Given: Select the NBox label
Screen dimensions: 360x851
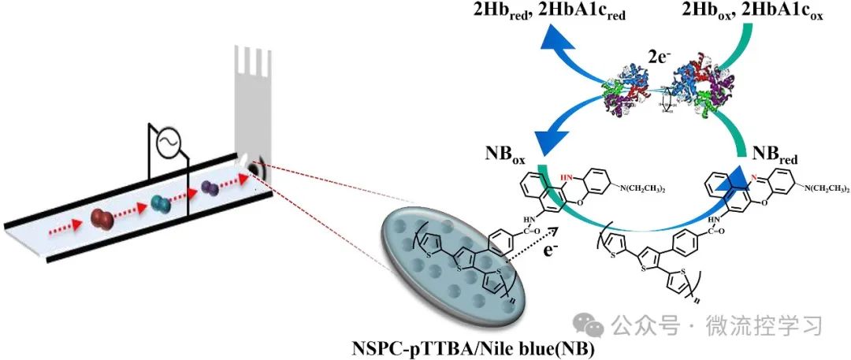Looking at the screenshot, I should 506,149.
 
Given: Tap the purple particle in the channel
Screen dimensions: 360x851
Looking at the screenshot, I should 210,188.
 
